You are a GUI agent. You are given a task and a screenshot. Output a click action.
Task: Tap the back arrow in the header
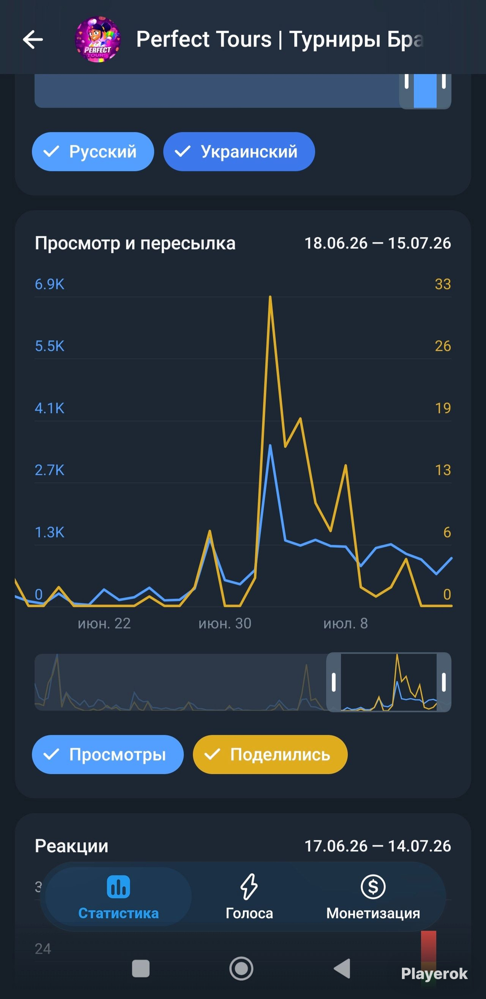coord(33,39)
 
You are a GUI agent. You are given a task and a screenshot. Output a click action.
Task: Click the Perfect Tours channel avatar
coord(98,39)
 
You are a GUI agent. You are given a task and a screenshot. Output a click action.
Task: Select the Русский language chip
coord(93,152)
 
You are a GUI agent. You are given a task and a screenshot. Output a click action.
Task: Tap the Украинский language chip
coord(239,152)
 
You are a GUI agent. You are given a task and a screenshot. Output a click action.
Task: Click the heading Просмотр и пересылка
coord(135,243)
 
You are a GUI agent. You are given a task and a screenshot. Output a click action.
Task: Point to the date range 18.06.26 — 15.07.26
coord(378,243)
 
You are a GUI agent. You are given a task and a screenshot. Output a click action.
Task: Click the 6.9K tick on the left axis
coord(50,284)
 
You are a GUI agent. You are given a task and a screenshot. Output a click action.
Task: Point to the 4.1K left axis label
coord(50,408)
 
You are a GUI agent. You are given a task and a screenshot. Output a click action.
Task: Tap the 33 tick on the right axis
coord(443,284)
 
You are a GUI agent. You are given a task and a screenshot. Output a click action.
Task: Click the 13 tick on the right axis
coord(443,470)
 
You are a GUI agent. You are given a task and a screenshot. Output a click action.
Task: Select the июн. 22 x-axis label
coord(104,624)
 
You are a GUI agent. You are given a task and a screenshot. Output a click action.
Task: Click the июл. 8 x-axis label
coord(346,624)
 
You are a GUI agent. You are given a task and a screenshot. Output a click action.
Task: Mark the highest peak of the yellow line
coord(270,297)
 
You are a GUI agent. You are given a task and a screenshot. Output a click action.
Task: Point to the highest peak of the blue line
coord(270,445)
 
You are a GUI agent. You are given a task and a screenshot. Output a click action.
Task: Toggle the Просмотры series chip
coord(108,754)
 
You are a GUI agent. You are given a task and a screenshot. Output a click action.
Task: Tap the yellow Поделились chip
coord(270,754)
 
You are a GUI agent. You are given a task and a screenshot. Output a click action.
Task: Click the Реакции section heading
coord(71,846)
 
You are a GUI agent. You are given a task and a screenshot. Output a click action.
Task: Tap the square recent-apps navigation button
coord(141,968)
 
